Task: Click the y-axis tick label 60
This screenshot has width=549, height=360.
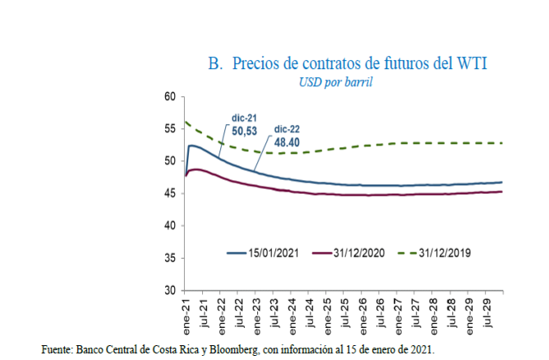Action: tap(171, 97)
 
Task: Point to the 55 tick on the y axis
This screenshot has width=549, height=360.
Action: tap(171, 129)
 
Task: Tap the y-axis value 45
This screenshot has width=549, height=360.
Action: tap(171, 193)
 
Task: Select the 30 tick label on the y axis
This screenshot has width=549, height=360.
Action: tap(171, 291)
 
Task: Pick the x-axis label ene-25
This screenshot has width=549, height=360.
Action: tap(327, 311)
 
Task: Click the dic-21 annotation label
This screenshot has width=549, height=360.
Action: tap(245, 118)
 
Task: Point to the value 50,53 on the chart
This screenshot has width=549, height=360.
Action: tap(245, 130)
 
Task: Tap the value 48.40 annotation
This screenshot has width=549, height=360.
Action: tap(288, 141)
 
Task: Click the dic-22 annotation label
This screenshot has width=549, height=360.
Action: tap(288, 129)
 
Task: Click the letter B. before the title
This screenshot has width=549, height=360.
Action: tap(216, 63)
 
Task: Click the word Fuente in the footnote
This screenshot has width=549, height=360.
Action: tap(56, 349)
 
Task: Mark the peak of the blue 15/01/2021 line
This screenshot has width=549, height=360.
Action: tap(191, 145)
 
